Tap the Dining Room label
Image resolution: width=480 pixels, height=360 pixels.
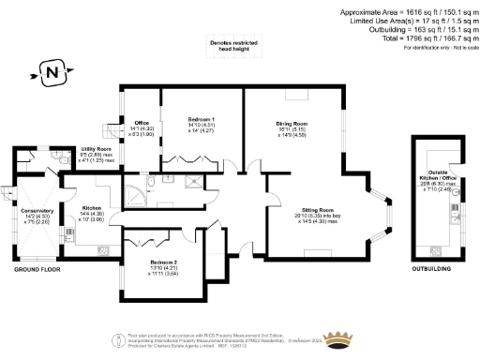point(292,124)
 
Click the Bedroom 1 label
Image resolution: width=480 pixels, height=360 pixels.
point(200,119)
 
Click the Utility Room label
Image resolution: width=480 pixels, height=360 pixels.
point(97,150)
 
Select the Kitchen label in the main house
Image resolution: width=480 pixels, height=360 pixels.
point(93,207)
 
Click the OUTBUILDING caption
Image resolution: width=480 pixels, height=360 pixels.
point(432,268)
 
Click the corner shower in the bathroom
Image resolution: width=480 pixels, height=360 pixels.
point(137,194)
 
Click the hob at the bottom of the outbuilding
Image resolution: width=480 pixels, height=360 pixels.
point(434,250)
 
